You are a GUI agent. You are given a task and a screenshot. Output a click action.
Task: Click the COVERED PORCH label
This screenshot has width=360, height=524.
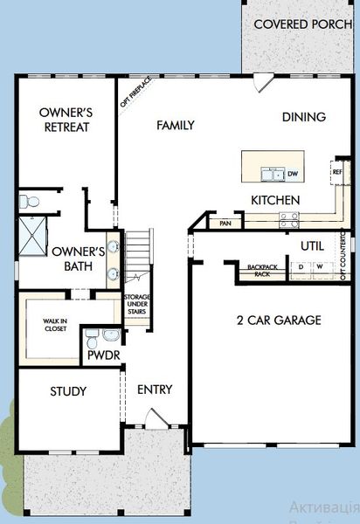303,24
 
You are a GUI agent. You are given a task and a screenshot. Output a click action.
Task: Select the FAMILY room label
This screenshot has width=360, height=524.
175,125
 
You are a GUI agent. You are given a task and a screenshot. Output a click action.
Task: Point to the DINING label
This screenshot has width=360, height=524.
304,117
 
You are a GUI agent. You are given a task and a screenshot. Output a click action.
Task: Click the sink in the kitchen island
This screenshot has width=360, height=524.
274,174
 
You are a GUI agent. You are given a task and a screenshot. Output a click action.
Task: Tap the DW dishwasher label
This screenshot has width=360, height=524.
293,174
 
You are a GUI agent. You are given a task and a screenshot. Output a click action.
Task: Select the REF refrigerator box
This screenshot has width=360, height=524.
337,172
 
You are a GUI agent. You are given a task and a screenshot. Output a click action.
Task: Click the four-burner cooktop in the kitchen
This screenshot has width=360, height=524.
287,223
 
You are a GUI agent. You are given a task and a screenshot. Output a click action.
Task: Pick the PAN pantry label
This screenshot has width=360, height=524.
225,224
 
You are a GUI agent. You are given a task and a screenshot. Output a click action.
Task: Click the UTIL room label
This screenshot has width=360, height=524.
312,245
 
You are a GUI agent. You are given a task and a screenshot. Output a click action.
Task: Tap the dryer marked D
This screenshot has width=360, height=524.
301,266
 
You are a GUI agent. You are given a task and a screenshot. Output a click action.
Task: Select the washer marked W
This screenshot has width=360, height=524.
320,266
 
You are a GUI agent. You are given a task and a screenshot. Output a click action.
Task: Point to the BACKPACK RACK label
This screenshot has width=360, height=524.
261,269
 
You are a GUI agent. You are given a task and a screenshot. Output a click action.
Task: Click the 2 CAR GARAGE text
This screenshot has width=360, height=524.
279,320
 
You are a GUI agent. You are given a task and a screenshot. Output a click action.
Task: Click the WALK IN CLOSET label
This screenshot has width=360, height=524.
56,326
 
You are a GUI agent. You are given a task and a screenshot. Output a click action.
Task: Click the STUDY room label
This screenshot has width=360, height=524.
67,391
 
